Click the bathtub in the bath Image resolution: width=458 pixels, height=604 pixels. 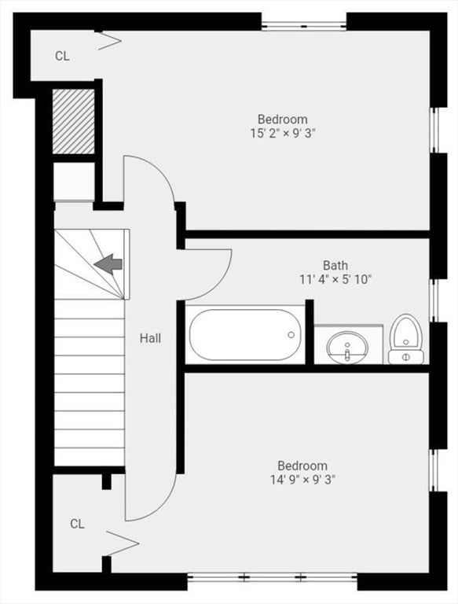click(x=245, y=334)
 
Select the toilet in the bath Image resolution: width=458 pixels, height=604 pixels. click(x=406, y=339)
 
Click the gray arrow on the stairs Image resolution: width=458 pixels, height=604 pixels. click(x=108, y=263)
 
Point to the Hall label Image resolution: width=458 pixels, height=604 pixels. click(x=150, y=338)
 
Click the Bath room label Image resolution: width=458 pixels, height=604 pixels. click(x=335, y=266)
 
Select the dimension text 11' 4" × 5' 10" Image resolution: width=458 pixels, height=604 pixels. click(x=335, y=279)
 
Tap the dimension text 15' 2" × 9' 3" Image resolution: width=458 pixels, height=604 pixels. click(x=283, y=133)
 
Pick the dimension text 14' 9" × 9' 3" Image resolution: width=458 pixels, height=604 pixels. click(x=302, y=479)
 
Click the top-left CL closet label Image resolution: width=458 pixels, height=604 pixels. click(x=62, y=56)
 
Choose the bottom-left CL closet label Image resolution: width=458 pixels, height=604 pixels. click(x=76, y=524)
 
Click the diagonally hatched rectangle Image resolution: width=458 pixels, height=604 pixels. click(x=73, y=121)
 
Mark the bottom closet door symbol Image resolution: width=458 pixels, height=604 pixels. click(x=121, y=543)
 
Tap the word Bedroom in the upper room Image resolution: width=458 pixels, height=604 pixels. click(x=283, y=120)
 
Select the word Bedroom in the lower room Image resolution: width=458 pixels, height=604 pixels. click(x=302, y=466)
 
